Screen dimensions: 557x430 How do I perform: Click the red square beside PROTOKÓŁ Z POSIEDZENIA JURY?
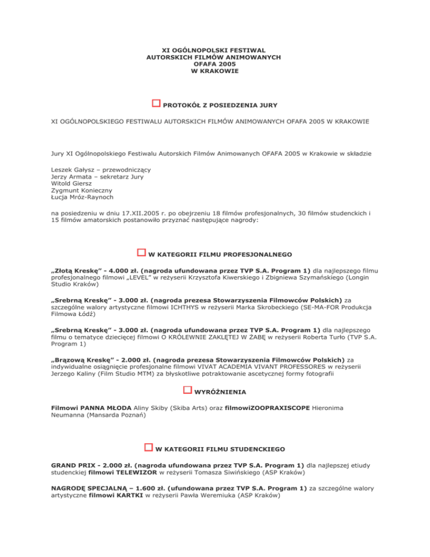[x=156, y=104]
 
